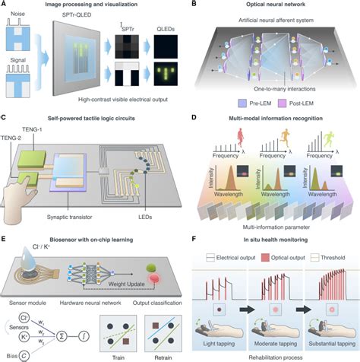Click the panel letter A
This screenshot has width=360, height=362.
5,5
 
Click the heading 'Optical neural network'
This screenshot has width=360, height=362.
274,5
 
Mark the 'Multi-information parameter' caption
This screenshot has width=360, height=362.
273,225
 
